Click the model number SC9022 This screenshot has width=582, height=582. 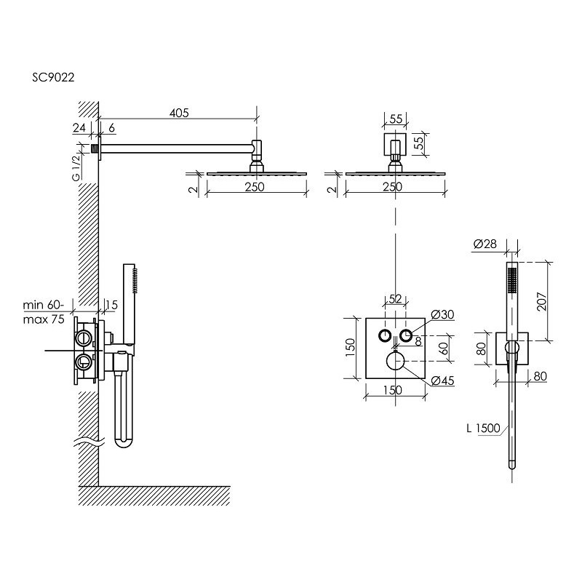click(x=53, y=77)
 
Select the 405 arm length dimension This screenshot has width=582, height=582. click(x=179, y=113)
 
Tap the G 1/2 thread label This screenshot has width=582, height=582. click(x=76, y=167)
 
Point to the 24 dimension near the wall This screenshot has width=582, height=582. click(x=79, y=128)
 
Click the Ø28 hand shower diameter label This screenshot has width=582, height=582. click(x=485, y=244)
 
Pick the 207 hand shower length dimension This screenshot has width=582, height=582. click(x=541, y=301)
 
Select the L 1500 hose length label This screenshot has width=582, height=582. click(x=483, y=428)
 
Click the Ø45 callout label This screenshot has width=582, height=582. click(x=443, y=380)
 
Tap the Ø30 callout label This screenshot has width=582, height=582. click(x=442, y=314)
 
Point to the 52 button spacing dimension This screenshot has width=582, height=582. click(x=395, y=299)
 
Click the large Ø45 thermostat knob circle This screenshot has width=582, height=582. click(x=396, y=361)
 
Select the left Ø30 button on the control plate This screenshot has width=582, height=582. click(x=385, y=335)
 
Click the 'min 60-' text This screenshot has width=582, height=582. click(x=43, y=305)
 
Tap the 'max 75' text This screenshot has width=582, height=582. click(x=44, y=319)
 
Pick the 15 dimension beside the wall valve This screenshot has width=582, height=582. click(x=111, y=305)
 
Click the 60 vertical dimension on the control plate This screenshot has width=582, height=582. click(x=444, y=348)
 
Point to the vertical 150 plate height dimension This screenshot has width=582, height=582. click(x=350, y=348)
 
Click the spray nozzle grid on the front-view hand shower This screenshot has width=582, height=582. click(x=513, y=280)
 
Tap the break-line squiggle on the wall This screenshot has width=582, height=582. click(x=89, y=442)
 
